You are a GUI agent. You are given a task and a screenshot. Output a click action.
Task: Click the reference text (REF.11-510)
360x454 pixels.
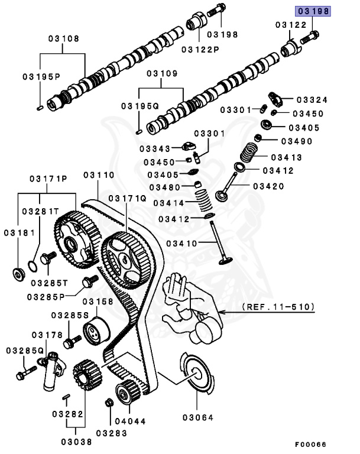(278, 307)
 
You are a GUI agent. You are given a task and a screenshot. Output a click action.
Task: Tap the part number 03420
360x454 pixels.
(268, 186)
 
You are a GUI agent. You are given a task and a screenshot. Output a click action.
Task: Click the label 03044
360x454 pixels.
(129, 421)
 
